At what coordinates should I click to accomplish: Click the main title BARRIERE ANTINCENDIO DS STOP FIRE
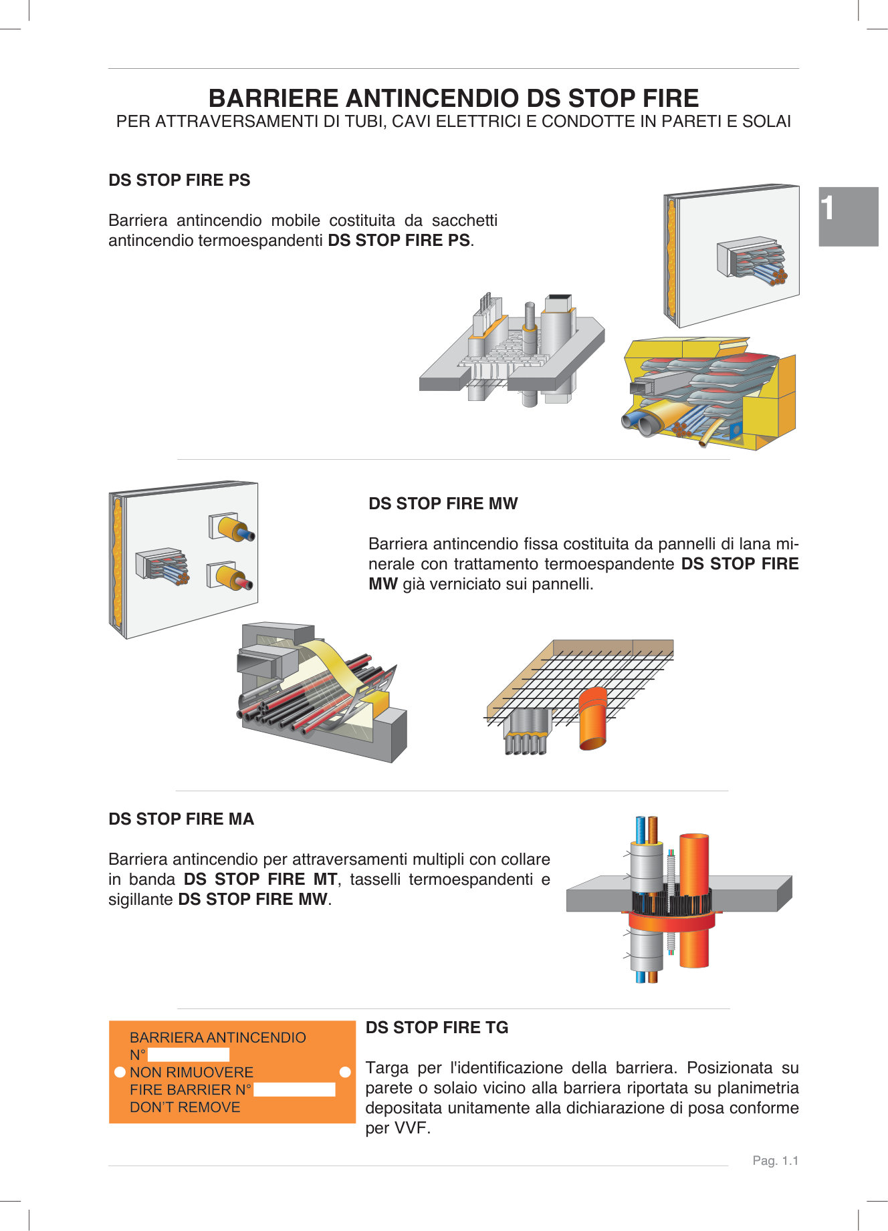click(x=453, y=98)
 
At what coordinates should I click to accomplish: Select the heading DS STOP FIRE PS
click(x=179, y=180)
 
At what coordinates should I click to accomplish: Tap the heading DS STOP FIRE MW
click(x=443, y=504)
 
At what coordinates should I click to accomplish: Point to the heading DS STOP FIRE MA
click(x=181, y=819)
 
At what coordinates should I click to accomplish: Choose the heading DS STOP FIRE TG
click(x=437, y=1028)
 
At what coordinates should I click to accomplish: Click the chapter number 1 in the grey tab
click(x=828, y=209)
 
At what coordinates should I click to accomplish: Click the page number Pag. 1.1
click(x=775, y=1161)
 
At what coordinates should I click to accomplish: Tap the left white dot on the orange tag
click(x=120, y=1072)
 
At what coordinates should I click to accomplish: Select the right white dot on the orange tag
click(x=345, y=1072)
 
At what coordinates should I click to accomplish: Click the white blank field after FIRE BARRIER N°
click(x=294, y=1090)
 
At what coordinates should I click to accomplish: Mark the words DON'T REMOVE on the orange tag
click(x=185, y=1107)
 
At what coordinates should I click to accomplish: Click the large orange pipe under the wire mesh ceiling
click(x=594, y=718)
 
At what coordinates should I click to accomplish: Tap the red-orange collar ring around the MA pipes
click(x=672, y=922)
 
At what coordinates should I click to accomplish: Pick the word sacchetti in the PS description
click(x=464, y=221)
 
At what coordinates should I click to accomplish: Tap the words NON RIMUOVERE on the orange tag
click(x=191, y=1073)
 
